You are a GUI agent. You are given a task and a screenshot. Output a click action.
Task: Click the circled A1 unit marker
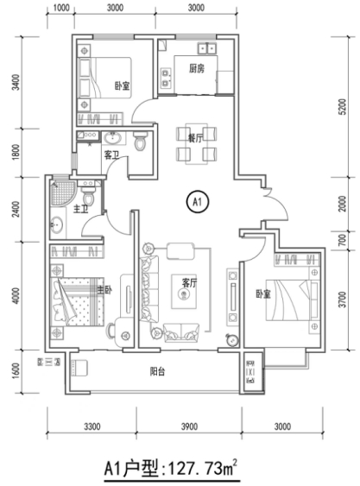[x=198, y=202]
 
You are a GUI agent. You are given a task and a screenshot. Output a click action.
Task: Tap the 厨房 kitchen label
[x=197, y=68]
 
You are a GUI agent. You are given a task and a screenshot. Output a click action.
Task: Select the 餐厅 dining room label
[x=196, y=138]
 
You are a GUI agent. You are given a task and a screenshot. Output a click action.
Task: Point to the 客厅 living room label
[x=189, y=282]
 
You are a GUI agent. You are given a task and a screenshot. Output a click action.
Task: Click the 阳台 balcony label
[x=157, y=371]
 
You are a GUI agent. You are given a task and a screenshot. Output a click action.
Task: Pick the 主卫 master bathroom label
[x=80, y=209]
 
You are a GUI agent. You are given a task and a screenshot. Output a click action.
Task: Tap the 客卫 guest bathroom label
[x=111, y=155]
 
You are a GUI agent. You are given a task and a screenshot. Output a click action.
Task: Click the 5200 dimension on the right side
[x=342, y=107]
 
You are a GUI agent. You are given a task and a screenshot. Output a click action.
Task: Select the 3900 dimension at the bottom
[x=189, y=426]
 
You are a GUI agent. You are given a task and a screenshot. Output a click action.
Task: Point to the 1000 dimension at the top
[x=61, y=8]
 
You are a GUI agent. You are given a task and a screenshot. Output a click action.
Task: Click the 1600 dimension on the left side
[x=16, y=371]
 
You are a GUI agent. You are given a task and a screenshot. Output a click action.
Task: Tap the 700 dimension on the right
[x=342, y=240]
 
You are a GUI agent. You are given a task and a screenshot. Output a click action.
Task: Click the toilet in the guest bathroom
[x=141, y=141]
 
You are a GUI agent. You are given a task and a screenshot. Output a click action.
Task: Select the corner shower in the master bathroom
[x=63, y=193]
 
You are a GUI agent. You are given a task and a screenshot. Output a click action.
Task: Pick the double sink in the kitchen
[x=207, y=48]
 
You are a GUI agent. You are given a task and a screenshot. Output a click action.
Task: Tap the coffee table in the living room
[x=184, y=292]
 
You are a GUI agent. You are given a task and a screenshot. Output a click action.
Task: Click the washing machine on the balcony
[x=79, y=368]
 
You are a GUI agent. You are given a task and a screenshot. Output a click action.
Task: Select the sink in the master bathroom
[x=57, y=224]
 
